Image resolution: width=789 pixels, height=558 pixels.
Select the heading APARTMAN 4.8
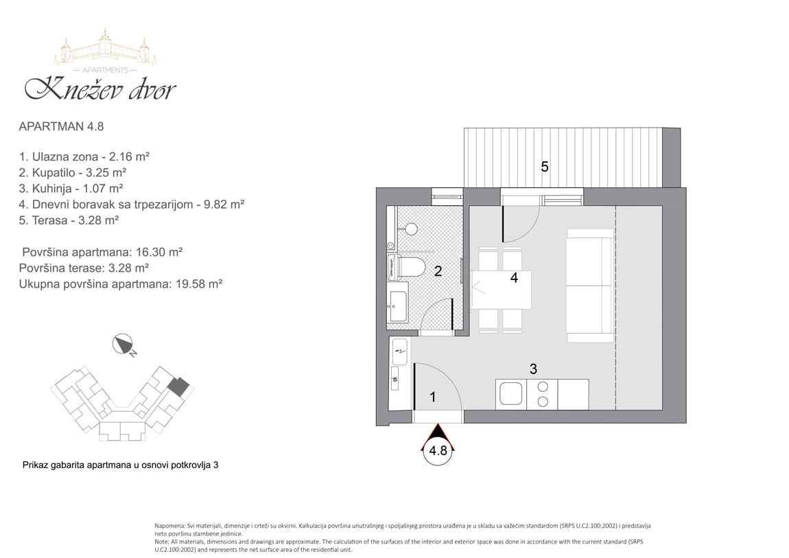(61, 126)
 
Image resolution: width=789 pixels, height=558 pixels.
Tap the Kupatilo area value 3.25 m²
(106, 172)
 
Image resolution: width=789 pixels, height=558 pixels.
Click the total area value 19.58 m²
(199, 283)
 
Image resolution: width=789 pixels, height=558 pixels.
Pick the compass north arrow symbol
(123, 344)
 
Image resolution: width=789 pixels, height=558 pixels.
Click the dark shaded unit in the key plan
(178, 386)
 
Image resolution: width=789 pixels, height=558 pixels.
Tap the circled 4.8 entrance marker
(438, 450)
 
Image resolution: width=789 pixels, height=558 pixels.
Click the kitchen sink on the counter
(510, 395)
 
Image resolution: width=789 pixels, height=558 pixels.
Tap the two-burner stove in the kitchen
(543, 395)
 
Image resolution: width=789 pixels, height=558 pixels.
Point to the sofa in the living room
(589, 286)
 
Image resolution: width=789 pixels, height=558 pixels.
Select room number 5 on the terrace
(545, 167)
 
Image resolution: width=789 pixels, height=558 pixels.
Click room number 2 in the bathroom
(438, 271)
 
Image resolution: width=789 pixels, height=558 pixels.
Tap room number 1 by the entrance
(433, 397)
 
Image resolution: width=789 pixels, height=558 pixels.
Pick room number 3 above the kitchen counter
(533, 369)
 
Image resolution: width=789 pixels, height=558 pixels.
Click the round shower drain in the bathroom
(411, 229)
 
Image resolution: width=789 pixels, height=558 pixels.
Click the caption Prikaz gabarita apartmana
(120, 465)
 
